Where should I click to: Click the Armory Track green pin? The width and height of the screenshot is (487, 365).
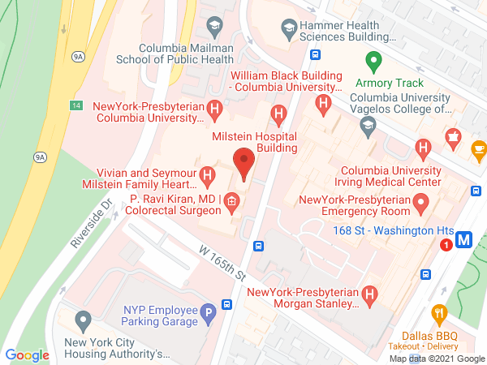(x=373, y=61)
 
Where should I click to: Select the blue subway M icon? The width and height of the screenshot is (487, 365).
(x=465, y=240)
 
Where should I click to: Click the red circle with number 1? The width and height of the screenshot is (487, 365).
(x=446, y=244)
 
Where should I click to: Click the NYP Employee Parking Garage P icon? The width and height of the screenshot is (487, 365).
(x=209, y=310)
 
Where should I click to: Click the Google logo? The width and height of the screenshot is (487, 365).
(x=27, y=355)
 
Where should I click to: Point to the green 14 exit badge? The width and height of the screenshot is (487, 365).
(x=75, y=106)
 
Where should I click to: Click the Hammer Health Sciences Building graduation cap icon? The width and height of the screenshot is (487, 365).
(x=287, y=30)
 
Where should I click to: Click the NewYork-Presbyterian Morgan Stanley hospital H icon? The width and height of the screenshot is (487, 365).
(x=370, y=293)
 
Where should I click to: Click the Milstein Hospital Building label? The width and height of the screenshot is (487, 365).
(x=255, y=142)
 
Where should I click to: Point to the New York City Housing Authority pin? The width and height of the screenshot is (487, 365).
(x=82, y=320)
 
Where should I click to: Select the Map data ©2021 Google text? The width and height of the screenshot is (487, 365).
(x=436, y=358)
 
